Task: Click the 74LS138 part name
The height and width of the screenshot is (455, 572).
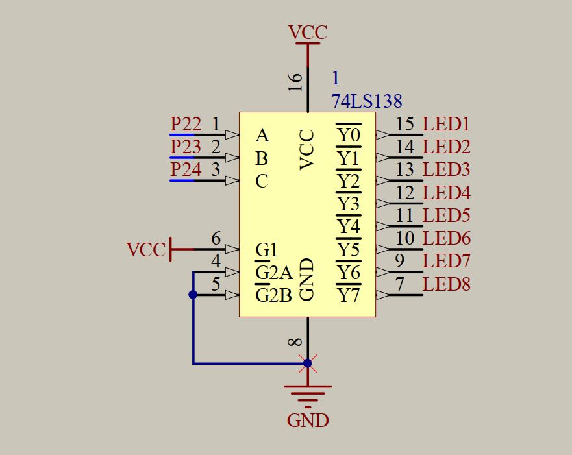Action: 366,101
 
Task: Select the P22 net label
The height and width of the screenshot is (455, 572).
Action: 186,123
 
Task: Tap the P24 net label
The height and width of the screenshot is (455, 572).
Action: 186,170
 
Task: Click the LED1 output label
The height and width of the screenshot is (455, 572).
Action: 446,124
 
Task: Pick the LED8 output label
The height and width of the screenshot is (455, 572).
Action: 446,284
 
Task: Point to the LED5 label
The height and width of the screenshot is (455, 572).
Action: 446,215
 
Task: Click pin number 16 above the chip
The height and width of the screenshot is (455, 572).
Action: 295,81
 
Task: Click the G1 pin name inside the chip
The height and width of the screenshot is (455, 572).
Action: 266,249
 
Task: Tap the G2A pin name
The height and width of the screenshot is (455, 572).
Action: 274,273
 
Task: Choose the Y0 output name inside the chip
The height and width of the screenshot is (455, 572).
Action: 348,135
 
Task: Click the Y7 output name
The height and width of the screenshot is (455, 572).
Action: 348,295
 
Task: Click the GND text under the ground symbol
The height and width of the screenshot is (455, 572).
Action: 308,421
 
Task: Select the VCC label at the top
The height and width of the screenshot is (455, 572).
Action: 308,32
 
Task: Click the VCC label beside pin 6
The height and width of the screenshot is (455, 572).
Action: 146,250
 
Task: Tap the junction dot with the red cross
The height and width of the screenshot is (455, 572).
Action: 308,363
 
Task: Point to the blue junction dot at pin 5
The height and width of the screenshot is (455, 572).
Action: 193,295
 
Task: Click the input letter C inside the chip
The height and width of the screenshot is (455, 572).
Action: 262,181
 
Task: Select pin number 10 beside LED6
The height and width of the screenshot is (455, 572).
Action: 404,238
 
